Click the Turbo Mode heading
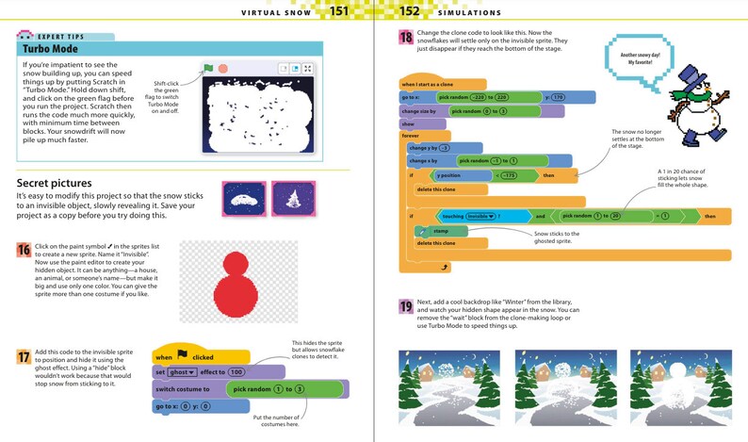pos(44,48)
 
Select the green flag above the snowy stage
pos(208,69)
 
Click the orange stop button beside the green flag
pos(222,69)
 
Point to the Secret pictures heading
pos(55,183)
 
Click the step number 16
pos(24,250)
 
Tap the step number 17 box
pos(24,357)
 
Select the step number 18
pos(405,39)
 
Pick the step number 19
pos(405,306)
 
